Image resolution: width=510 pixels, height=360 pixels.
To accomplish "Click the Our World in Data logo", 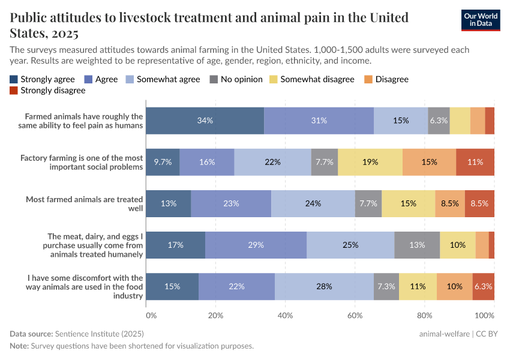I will [x=481, y=19].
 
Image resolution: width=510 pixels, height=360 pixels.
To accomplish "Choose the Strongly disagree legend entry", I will [x=47, y=91].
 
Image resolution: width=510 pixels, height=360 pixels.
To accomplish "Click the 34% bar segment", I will [x=205, y=121].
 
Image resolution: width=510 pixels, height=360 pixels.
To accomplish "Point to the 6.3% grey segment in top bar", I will [x=439, y=121].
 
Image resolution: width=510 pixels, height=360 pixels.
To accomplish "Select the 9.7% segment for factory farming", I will [x=163, y=162].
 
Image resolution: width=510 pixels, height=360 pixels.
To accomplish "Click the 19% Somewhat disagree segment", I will [x=370, y=162].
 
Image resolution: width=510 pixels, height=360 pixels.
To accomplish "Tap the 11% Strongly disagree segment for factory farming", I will [x=475, y=162].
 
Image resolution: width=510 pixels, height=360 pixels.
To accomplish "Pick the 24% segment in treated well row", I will [x=313, y=203].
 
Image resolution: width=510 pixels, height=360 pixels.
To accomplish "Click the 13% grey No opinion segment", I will [x=416, y=245].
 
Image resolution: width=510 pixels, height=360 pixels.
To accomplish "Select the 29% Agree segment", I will [x=256, y=245].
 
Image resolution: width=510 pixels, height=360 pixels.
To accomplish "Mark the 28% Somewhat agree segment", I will [x=324, y=286].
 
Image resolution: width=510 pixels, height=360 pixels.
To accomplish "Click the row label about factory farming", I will [x=82, y=162].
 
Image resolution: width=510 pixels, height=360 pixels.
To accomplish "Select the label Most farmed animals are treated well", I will [x=84, y=203].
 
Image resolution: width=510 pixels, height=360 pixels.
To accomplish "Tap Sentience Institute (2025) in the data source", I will [x=99, y=334].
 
